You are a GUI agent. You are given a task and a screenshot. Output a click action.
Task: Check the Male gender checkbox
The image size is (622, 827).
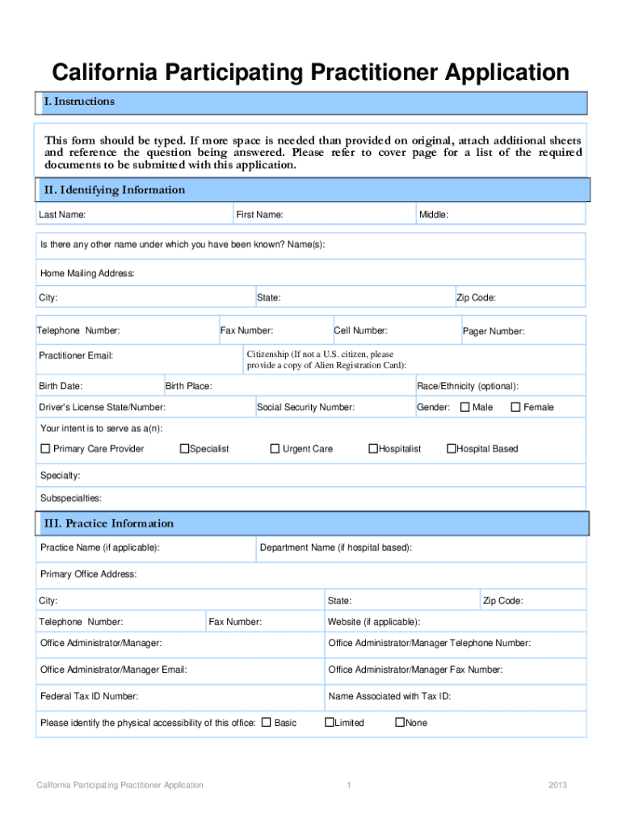[464, 407]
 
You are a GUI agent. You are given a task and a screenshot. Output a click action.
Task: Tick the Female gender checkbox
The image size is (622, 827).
[515, 407]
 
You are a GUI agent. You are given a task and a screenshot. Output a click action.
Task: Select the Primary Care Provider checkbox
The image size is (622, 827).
[45, 448]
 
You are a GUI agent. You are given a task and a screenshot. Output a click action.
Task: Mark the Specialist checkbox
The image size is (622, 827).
[184, 448]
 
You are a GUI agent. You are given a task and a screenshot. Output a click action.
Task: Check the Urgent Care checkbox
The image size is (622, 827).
[275, 448]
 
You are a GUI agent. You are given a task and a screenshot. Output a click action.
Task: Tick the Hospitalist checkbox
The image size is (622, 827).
[373, 448]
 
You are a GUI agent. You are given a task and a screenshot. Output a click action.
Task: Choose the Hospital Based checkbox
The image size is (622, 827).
[452, 448]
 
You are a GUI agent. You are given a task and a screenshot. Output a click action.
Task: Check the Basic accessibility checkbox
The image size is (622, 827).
[266, 722]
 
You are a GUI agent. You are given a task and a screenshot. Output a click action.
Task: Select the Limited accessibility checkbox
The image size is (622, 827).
[329, 722]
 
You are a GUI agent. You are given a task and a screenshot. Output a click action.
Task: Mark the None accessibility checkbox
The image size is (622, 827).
[399, 722]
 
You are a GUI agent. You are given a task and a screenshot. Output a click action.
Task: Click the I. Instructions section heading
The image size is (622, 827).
[79, 102]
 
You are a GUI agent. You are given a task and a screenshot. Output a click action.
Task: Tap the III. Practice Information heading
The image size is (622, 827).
[107, 523]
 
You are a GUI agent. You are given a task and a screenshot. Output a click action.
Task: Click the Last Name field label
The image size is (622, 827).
[62, 215]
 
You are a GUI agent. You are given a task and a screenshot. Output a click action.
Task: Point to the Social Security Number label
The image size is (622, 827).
[305, 407]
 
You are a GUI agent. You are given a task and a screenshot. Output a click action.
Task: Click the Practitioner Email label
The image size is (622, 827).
[76, 355]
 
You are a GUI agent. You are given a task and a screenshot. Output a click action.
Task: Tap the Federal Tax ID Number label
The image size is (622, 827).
[89, 696]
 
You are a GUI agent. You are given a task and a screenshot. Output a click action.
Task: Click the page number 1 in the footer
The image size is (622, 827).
[348, 785]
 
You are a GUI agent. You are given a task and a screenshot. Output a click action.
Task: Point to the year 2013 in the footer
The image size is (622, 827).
[557, 785]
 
